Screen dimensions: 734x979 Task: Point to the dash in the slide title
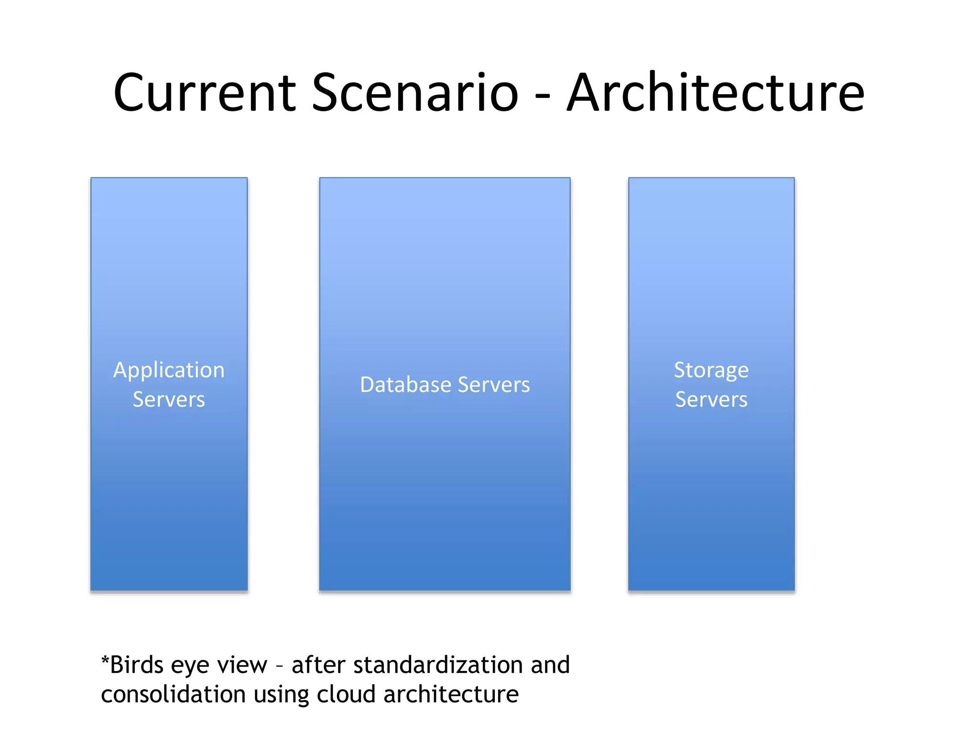click(x=543, y=95)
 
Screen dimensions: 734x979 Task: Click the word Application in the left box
click(x=169, y=371)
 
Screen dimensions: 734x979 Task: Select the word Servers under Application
click(x=169, y=399)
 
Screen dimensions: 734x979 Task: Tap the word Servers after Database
click(x=494, y=385)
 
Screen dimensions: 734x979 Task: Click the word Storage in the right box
click(x=711, y=371)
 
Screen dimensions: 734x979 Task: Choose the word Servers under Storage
click(x=711, y=399)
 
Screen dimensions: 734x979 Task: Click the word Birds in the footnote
click(x=137, y=665)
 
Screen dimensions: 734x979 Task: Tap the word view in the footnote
click(x=242, y=665)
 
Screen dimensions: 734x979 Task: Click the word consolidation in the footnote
click(x=173, y=694)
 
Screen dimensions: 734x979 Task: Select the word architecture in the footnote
click(x=451, y=694)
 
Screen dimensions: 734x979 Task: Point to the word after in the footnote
click(x=318, y=665)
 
